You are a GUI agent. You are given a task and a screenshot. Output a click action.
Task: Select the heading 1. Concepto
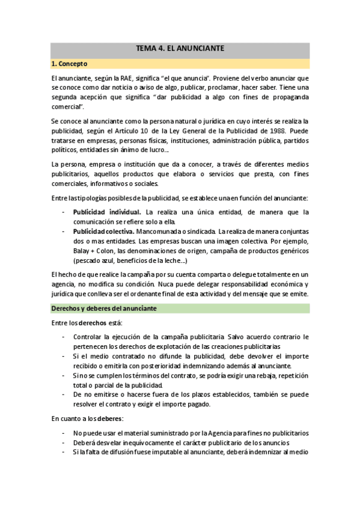coord(70,63)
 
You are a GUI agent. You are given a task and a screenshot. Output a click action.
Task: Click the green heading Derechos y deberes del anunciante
coord(104,309)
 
